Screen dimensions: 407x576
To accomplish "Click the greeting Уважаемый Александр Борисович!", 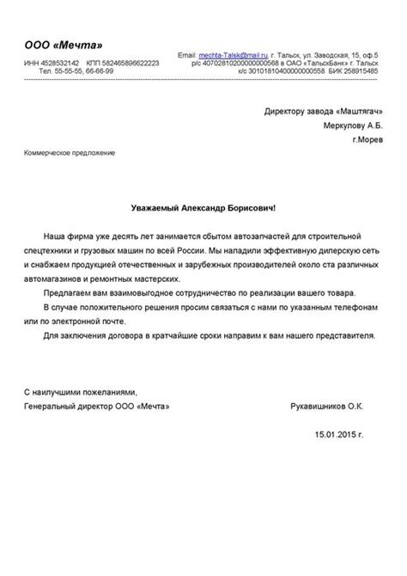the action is coord(203,207).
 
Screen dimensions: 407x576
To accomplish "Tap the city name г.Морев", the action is coord(368,138).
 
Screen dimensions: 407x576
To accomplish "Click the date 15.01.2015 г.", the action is coord(352,436).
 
